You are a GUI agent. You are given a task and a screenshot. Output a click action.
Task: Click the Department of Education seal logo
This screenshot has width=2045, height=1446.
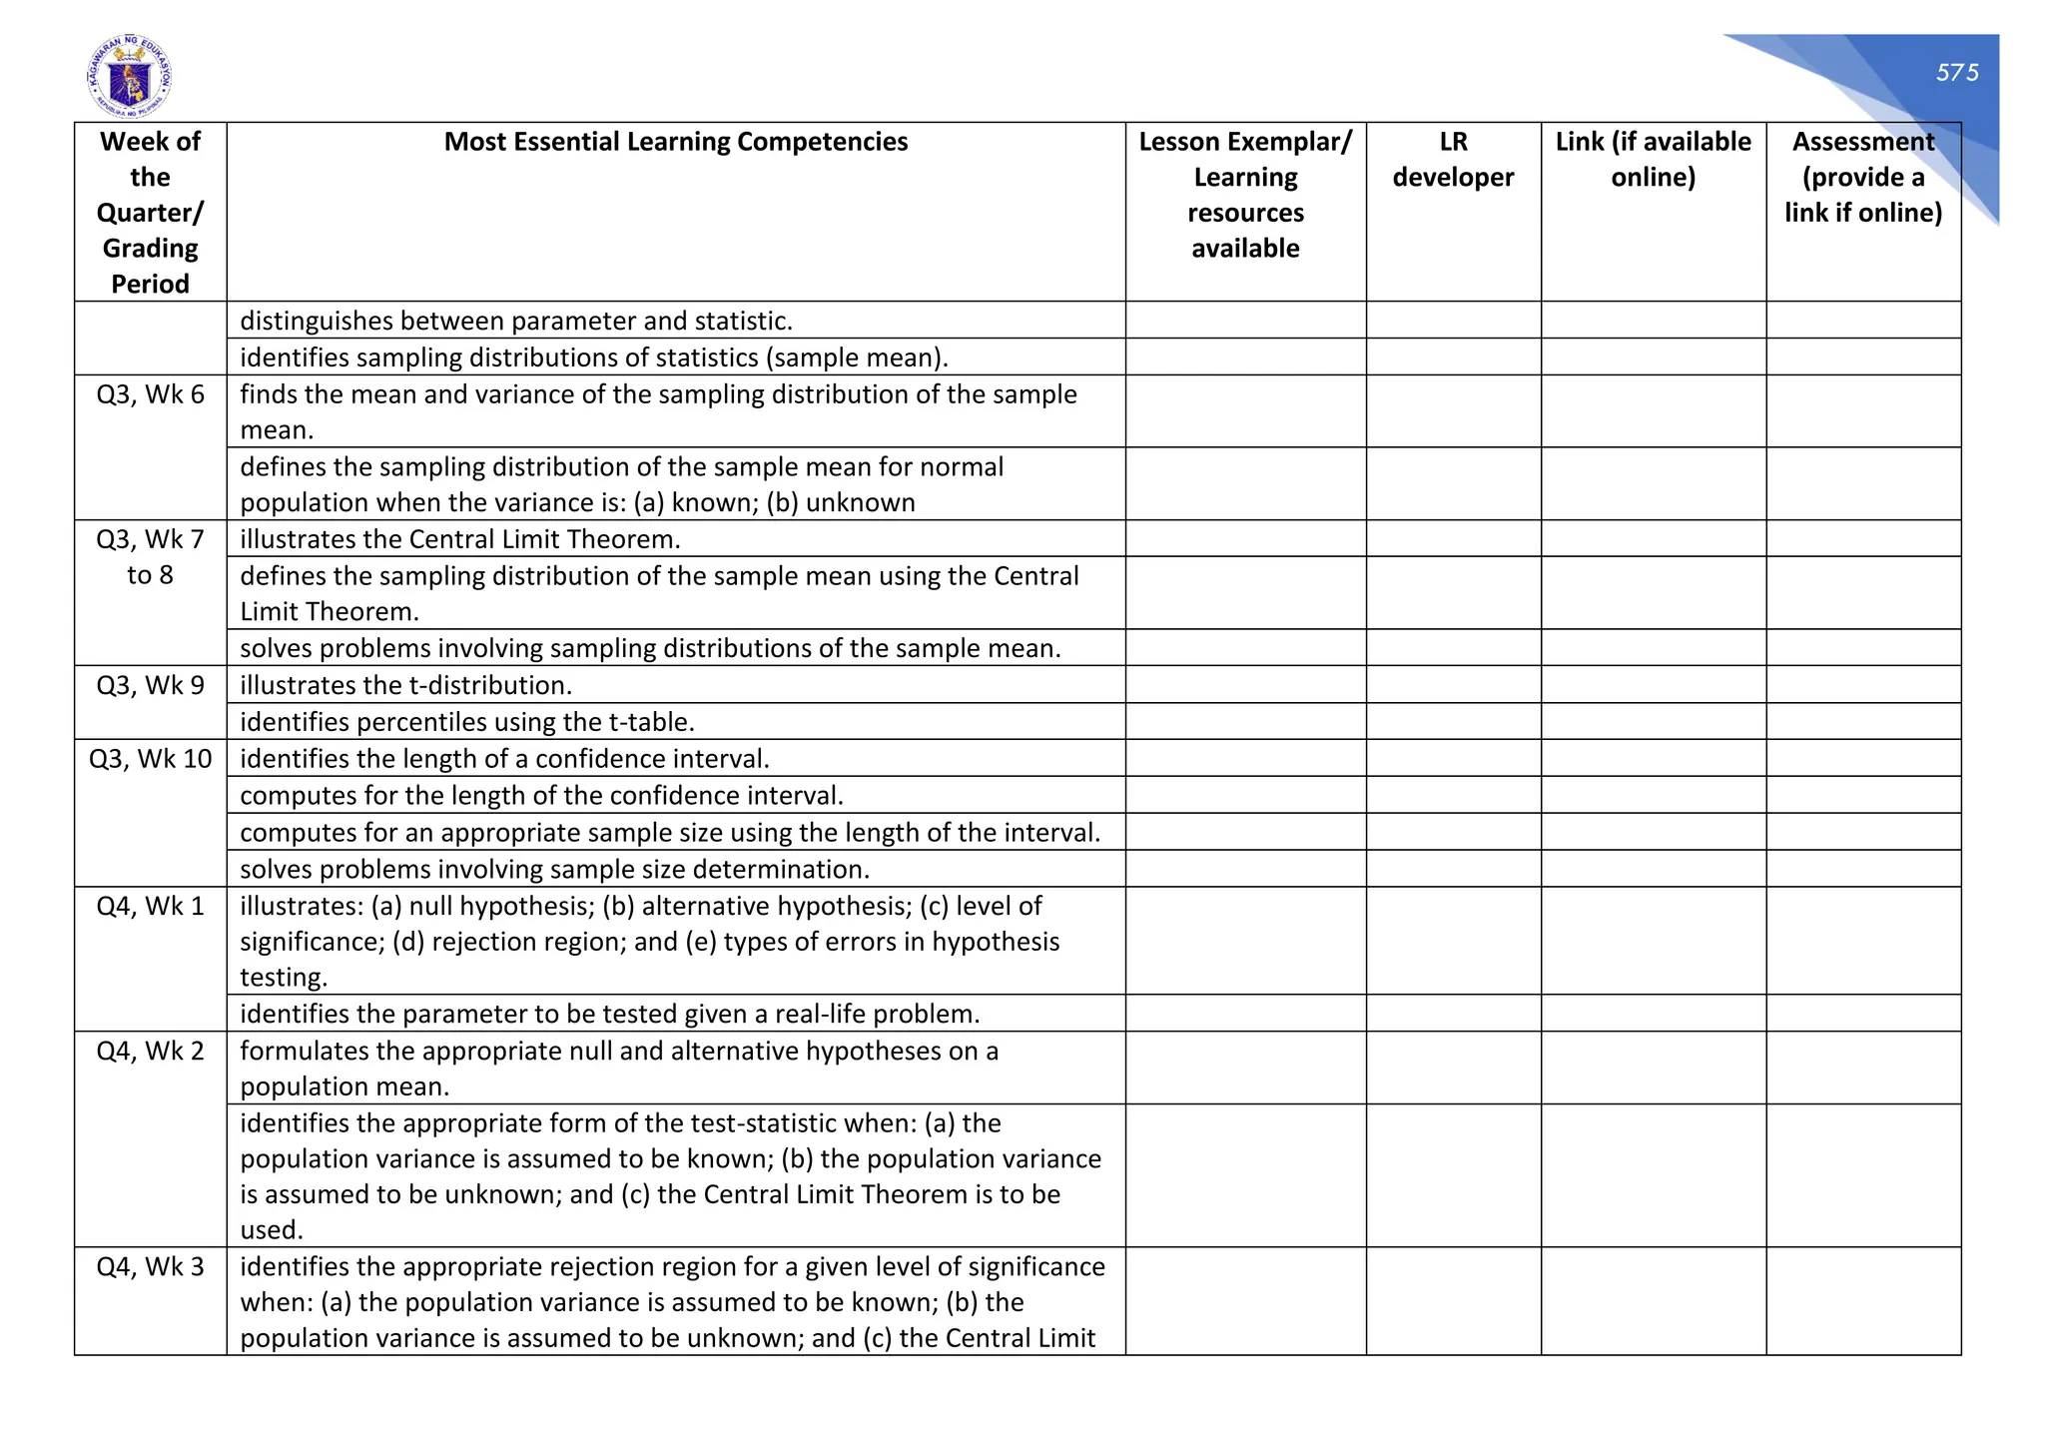click(x=129, y=78)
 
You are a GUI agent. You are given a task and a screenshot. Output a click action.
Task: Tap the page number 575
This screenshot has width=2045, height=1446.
click(x=1956, y=73)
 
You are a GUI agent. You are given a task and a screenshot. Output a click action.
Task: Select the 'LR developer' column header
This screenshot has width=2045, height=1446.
click(x=1452, y=160)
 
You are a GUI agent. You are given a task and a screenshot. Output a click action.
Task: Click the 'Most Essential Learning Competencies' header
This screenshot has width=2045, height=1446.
click(x=675, y=142)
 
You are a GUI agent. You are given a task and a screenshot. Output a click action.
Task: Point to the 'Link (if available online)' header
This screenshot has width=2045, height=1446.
click(x=1653, y=160)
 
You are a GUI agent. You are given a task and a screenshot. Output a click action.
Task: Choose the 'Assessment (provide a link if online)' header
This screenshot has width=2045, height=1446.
click(x=1862, y=177)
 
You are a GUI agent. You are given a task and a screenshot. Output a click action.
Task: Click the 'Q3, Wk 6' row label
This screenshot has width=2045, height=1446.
click(x=150, y=394)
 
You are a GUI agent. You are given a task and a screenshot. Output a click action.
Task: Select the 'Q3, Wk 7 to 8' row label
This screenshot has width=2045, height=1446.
click(x=150, y=557)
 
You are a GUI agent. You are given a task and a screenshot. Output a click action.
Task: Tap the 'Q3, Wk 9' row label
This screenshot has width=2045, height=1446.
click(x=150, y=685)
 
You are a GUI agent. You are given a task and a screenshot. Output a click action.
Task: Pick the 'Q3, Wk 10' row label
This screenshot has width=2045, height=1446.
click(x=150, y=759)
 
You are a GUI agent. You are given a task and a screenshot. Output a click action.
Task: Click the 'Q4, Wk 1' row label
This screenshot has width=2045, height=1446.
click(x=150, y=906)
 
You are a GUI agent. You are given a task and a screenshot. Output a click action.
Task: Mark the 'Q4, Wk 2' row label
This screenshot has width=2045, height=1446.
click(x=150, y=1051)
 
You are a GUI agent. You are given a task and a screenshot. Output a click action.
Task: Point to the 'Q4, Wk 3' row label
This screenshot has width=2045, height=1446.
click(x=150, y=1266)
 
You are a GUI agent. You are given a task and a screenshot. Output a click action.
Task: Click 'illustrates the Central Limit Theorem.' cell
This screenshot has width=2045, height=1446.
click(x=459, y=539)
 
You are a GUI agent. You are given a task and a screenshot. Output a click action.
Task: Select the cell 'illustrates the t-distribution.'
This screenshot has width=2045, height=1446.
click(x=405, y=685)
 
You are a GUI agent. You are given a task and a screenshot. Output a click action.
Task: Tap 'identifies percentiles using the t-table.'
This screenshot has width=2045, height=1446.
click(x=466, y=722)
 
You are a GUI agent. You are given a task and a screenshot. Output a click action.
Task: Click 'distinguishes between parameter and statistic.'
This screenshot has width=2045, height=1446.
click(x=515, y=321)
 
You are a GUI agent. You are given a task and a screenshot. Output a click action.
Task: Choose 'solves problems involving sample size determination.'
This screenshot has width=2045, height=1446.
click(x=554, y=869)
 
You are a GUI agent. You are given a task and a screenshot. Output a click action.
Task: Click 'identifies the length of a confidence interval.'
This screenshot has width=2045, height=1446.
click(x=504, y=759)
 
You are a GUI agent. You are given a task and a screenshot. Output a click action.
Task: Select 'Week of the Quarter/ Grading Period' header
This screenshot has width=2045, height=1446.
click(x=150, y=213)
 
